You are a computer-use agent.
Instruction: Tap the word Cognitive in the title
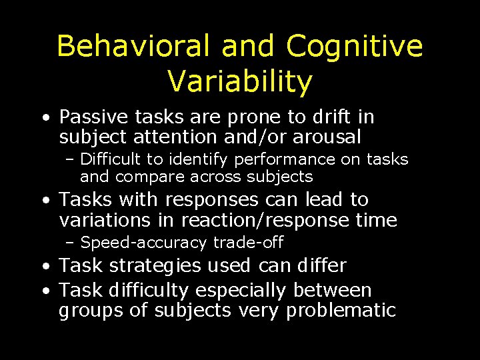tap(355, 47)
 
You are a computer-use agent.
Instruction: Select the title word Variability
tap(239, 81)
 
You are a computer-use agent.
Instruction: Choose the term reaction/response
tap(263, 220)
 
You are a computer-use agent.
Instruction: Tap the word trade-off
tap(249, 242)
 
